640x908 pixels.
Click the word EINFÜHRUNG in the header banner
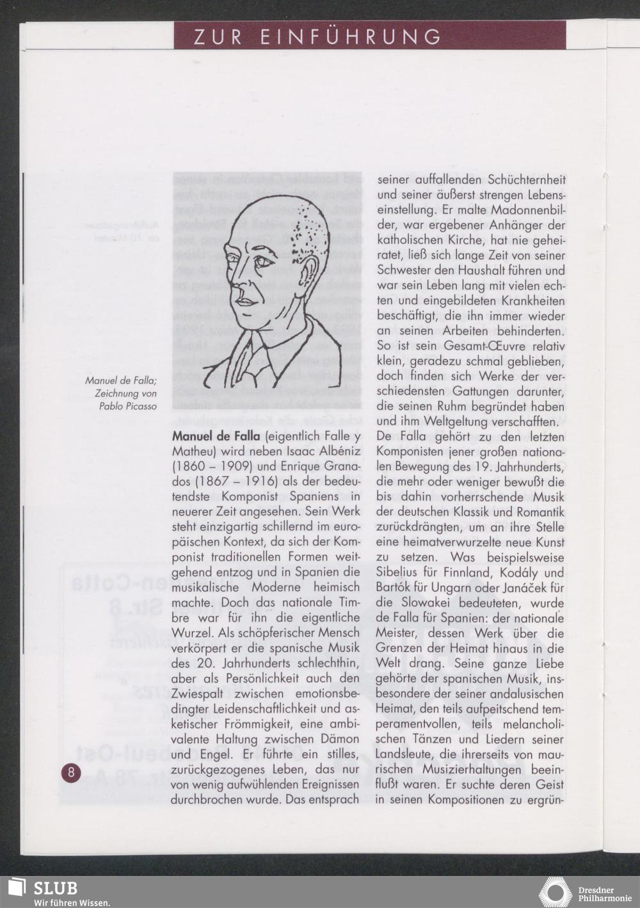click(351, 36)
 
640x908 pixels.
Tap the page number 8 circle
click(70, 772)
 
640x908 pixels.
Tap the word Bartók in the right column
click(396, 588)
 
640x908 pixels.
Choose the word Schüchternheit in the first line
click(526, 180)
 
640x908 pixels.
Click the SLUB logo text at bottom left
click(55, 888)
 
